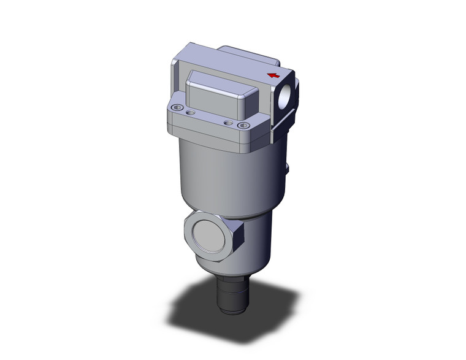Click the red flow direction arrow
tap(273, 75)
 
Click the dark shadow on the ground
tap(184, 307)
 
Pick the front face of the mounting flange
tap(208, 132)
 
